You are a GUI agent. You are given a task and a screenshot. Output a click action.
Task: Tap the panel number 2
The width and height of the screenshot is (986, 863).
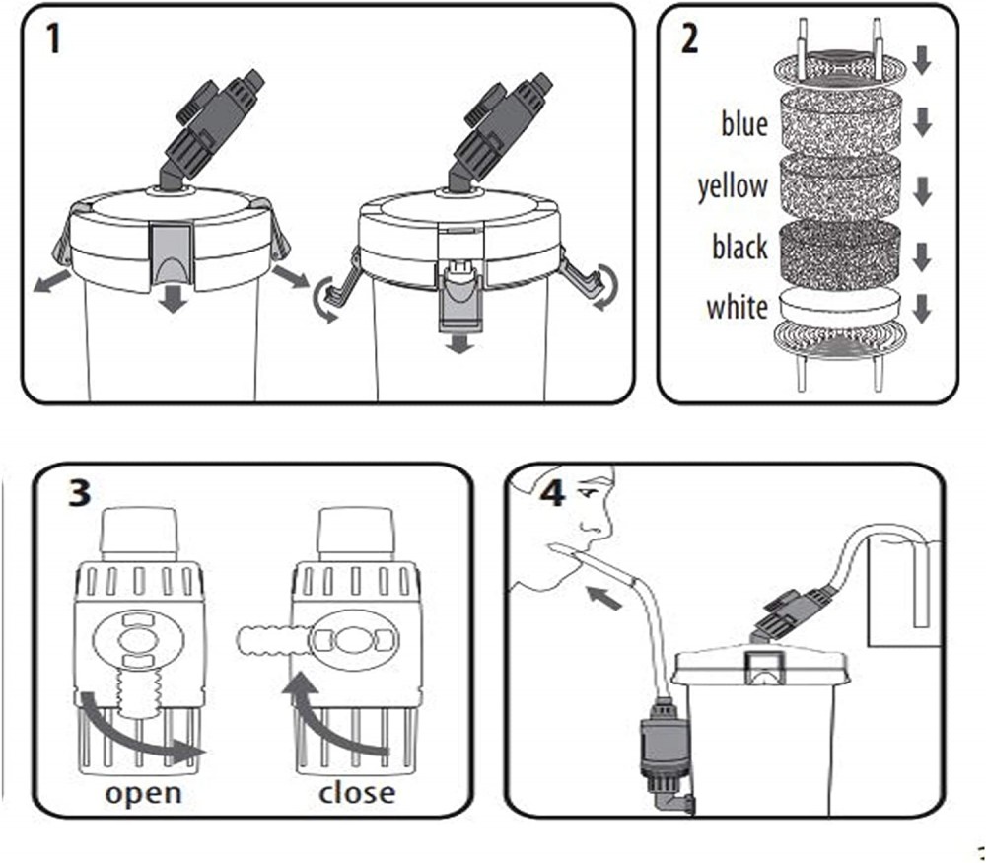pyautogui.click(x=689, y=38)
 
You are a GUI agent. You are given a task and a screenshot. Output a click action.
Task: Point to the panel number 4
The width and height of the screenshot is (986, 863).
pyautogui.click(x=552, y=491)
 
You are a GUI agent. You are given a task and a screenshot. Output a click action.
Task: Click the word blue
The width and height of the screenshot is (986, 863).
pyautogui.click(x=744, y=125)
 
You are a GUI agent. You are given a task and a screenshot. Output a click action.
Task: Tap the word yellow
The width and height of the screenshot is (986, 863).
pyautogui.click(x=733, y=185)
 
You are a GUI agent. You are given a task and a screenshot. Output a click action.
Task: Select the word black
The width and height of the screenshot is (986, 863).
pyautogui.click(x=739, y=247)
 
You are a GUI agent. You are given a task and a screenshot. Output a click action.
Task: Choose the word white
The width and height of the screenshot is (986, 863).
pyautogui.click(x=737, y=307)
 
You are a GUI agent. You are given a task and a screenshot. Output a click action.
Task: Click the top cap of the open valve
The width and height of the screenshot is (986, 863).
pyautogui.click(x=140, y=532)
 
